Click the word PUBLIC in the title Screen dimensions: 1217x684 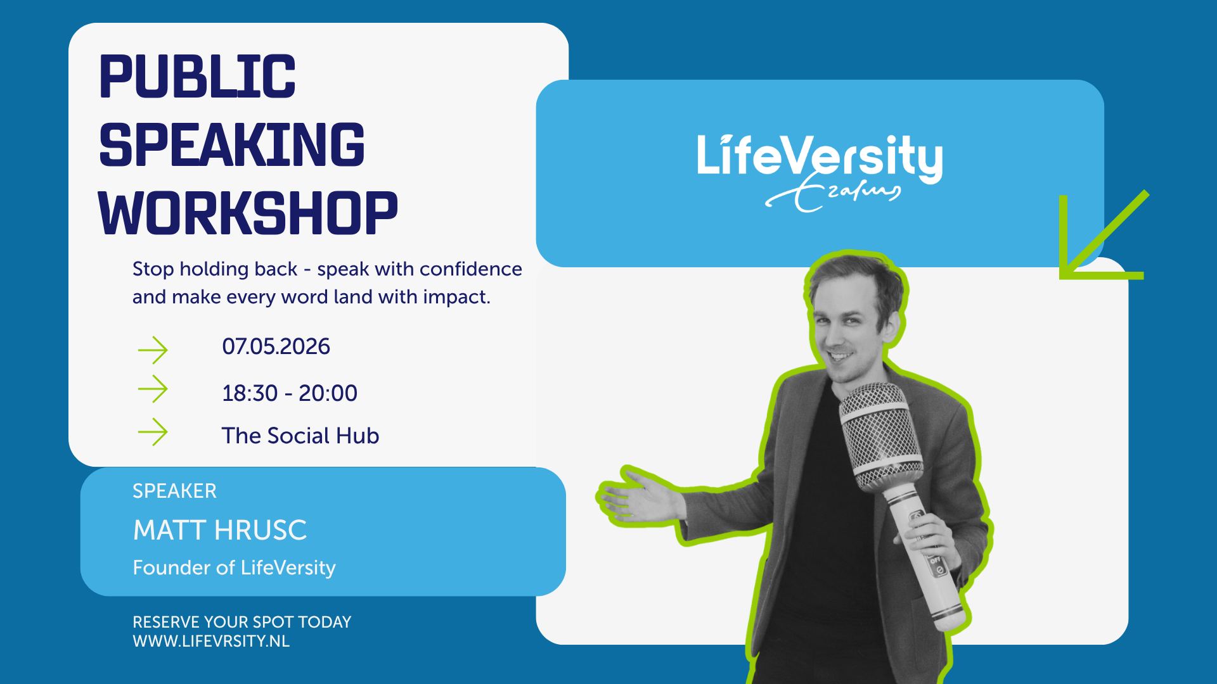coord(197,77)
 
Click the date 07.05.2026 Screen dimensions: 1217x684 coord(276,346)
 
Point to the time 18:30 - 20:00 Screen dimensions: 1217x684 coord(290,393)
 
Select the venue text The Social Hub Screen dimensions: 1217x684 coord(300,436)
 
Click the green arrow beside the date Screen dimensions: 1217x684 coord(153,350)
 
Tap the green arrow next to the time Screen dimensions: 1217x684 coord(153,389)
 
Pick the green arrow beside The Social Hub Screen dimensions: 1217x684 coord(153,432)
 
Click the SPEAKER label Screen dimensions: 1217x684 coord(174,491)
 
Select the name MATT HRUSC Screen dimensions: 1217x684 coord(220,530)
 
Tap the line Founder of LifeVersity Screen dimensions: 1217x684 coord(234,567)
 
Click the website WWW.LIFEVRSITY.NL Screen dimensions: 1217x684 coord(211,641)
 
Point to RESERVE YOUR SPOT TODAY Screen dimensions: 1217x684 coord(241,622)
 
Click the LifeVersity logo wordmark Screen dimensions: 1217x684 coord(820,157)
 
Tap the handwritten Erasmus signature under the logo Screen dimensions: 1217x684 coord(833,193)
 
